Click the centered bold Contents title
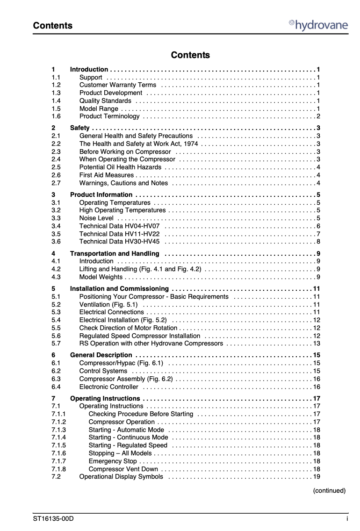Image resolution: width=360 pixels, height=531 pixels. pyautogui.click(x=190, y=55)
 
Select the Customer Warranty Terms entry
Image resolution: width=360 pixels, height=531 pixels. pyautogui.click(x=118, y=85)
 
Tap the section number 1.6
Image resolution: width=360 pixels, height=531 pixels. pyautogui.click(x=56, y=116)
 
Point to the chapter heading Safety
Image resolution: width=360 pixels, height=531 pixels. pyautogui.click(x=80, y=128)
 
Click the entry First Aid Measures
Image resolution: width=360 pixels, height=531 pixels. pyautogui.click(x=107, y=175)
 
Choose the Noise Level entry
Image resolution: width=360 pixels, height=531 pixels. pyautogui.click(x=96, y=218)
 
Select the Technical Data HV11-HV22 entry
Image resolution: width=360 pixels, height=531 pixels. pyautogui.click(x=119, y=234)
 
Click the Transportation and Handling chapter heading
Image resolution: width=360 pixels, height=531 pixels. pyautogui.click(x=115, y=254)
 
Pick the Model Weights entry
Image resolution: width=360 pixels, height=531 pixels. pyautogui.click(x=101, y=277)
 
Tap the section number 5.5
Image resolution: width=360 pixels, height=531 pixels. pyautogui.click(x=56, y=328)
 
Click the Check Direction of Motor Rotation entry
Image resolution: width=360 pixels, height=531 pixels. pyautogui.click(x=129, y=328)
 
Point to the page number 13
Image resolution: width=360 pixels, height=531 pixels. pyautogui.click(x=317, y=344)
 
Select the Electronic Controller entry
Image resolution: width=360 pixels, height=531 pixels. pyautogui.click(x=109, y=387)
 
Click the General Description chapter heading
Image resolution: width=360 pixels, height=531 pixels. pyautogui.click(x=101, y=355)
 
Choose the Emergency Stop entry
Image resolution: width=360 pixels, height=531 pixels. pyautogui.click(x=113, y=461)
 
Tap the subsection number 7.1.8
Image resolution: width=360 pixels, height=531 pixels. pyautogui.click(x=59, y=469)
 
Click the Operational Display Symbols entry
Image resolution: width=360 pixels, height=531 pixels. pyautogui.click(x=121, y=477)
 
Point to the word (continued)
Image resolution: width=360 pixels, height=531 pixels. pyautogui.click(x=329, y=491)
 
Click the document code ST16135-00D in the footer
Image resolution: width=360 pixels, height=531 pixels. pyautogui.click(x=53, y=519)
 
